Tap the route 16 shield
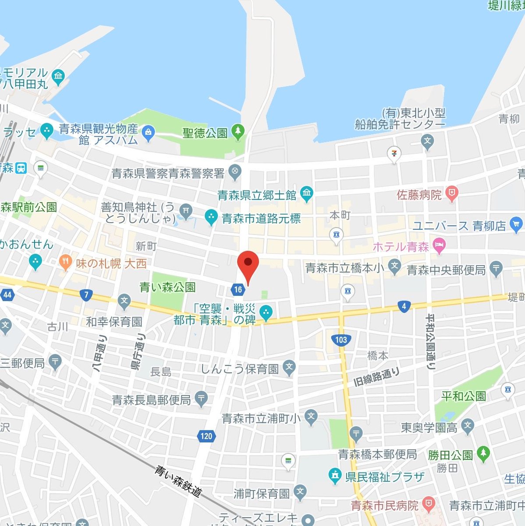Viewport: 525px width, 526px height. click(238, 289)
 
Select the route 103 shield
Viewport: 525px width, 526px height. click(341, 339)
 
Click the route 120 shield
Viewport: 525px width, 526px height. click(206, 436)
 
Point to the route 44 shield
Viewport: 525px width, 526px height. click(7, 295)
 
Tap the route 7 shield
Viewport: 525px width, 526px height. click(86, 295)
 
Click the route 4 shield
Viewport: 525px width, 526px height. click(404, 306)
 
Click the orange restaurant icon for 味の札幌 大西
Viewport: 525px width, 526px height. click(65, 262)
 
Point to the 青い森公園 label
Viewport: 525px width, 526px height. click(167, 287)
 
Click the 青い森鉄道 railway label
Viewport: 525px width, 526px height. click(178, 481)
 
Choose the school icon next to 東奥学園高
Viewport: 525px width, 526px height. click(468, 425)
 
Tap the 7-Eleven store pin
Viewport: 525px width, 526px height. click(394, 154)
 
